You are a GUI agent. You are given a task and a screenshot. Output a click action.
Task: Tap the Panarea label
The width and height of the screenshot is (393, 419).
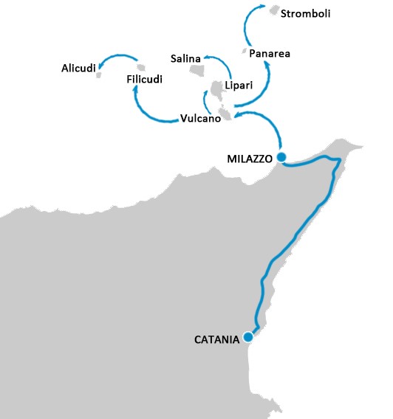click(269, 54)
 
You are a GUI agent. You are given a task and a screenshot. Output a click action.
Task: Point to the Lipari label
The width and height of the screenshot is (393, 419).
click(238, 86)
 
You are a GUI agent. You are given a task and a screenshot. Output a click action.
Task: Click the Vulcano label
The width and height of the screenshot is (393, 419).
click(200, 118)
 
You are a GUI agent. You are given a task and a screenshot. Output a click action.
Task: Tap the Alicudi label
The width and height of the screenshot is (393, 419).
click(78, 69)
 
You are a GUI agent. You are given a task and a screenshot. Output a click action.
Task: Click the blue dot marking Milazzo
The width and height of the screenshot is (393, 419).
click(281, 157)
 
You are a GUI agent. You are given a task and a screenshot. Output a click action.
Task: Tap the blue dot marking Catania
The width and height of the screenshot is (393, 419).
click(248, 337)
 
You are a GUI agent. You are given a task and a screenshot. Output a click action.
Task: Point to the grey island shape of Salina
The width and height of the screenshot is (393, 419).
click(197, 71)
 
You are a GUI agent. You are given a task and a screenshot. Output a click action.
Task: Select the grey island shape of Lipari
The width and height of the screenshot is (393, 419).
click(216, 90)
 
